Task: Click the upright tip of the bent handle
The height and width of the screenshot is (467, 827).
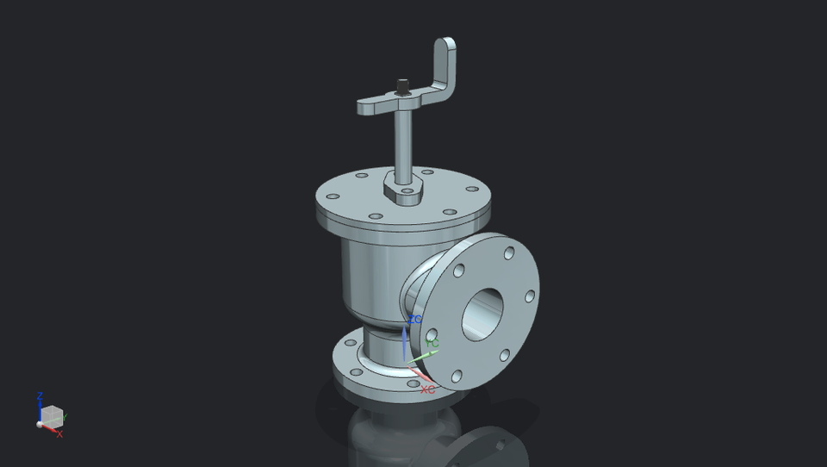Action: click(x=445, y=47)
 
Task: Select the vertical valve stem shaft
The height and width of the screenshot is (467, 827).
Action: click(x=402, y=142)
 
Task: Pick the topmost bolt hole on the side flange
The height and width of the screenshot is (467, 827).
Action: click(x=509, y=252)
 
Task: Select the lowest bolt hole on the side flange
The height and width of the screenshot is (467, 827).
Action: click(x=457, y=376)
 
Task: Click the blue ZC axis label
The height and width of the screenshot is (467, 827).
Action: click(x=415, y=320)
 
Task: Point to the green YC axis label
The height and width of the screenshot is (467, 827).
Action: click(x=432, y=344)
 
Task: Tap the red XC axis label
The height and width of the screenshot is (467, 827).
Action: click(x=427, y=389)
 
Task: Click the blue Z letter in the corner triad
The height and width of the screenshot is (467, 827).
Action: click(x=40, y=396)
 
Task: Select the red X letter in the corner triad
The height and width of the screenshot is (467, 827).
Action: click(x=59, y=434)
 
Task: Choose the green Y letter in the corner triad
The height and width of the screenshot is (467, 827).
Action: click(x=65, y=418)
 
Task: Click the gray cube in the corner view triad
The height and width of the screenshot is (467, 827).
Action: click(x=53, y=415)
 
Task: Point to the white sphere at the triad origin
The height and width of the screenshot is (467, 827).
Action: click(x=40, y=424)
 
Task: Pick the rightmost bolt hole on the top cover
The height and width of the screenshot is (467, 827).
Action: click(x=472, y=189)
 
